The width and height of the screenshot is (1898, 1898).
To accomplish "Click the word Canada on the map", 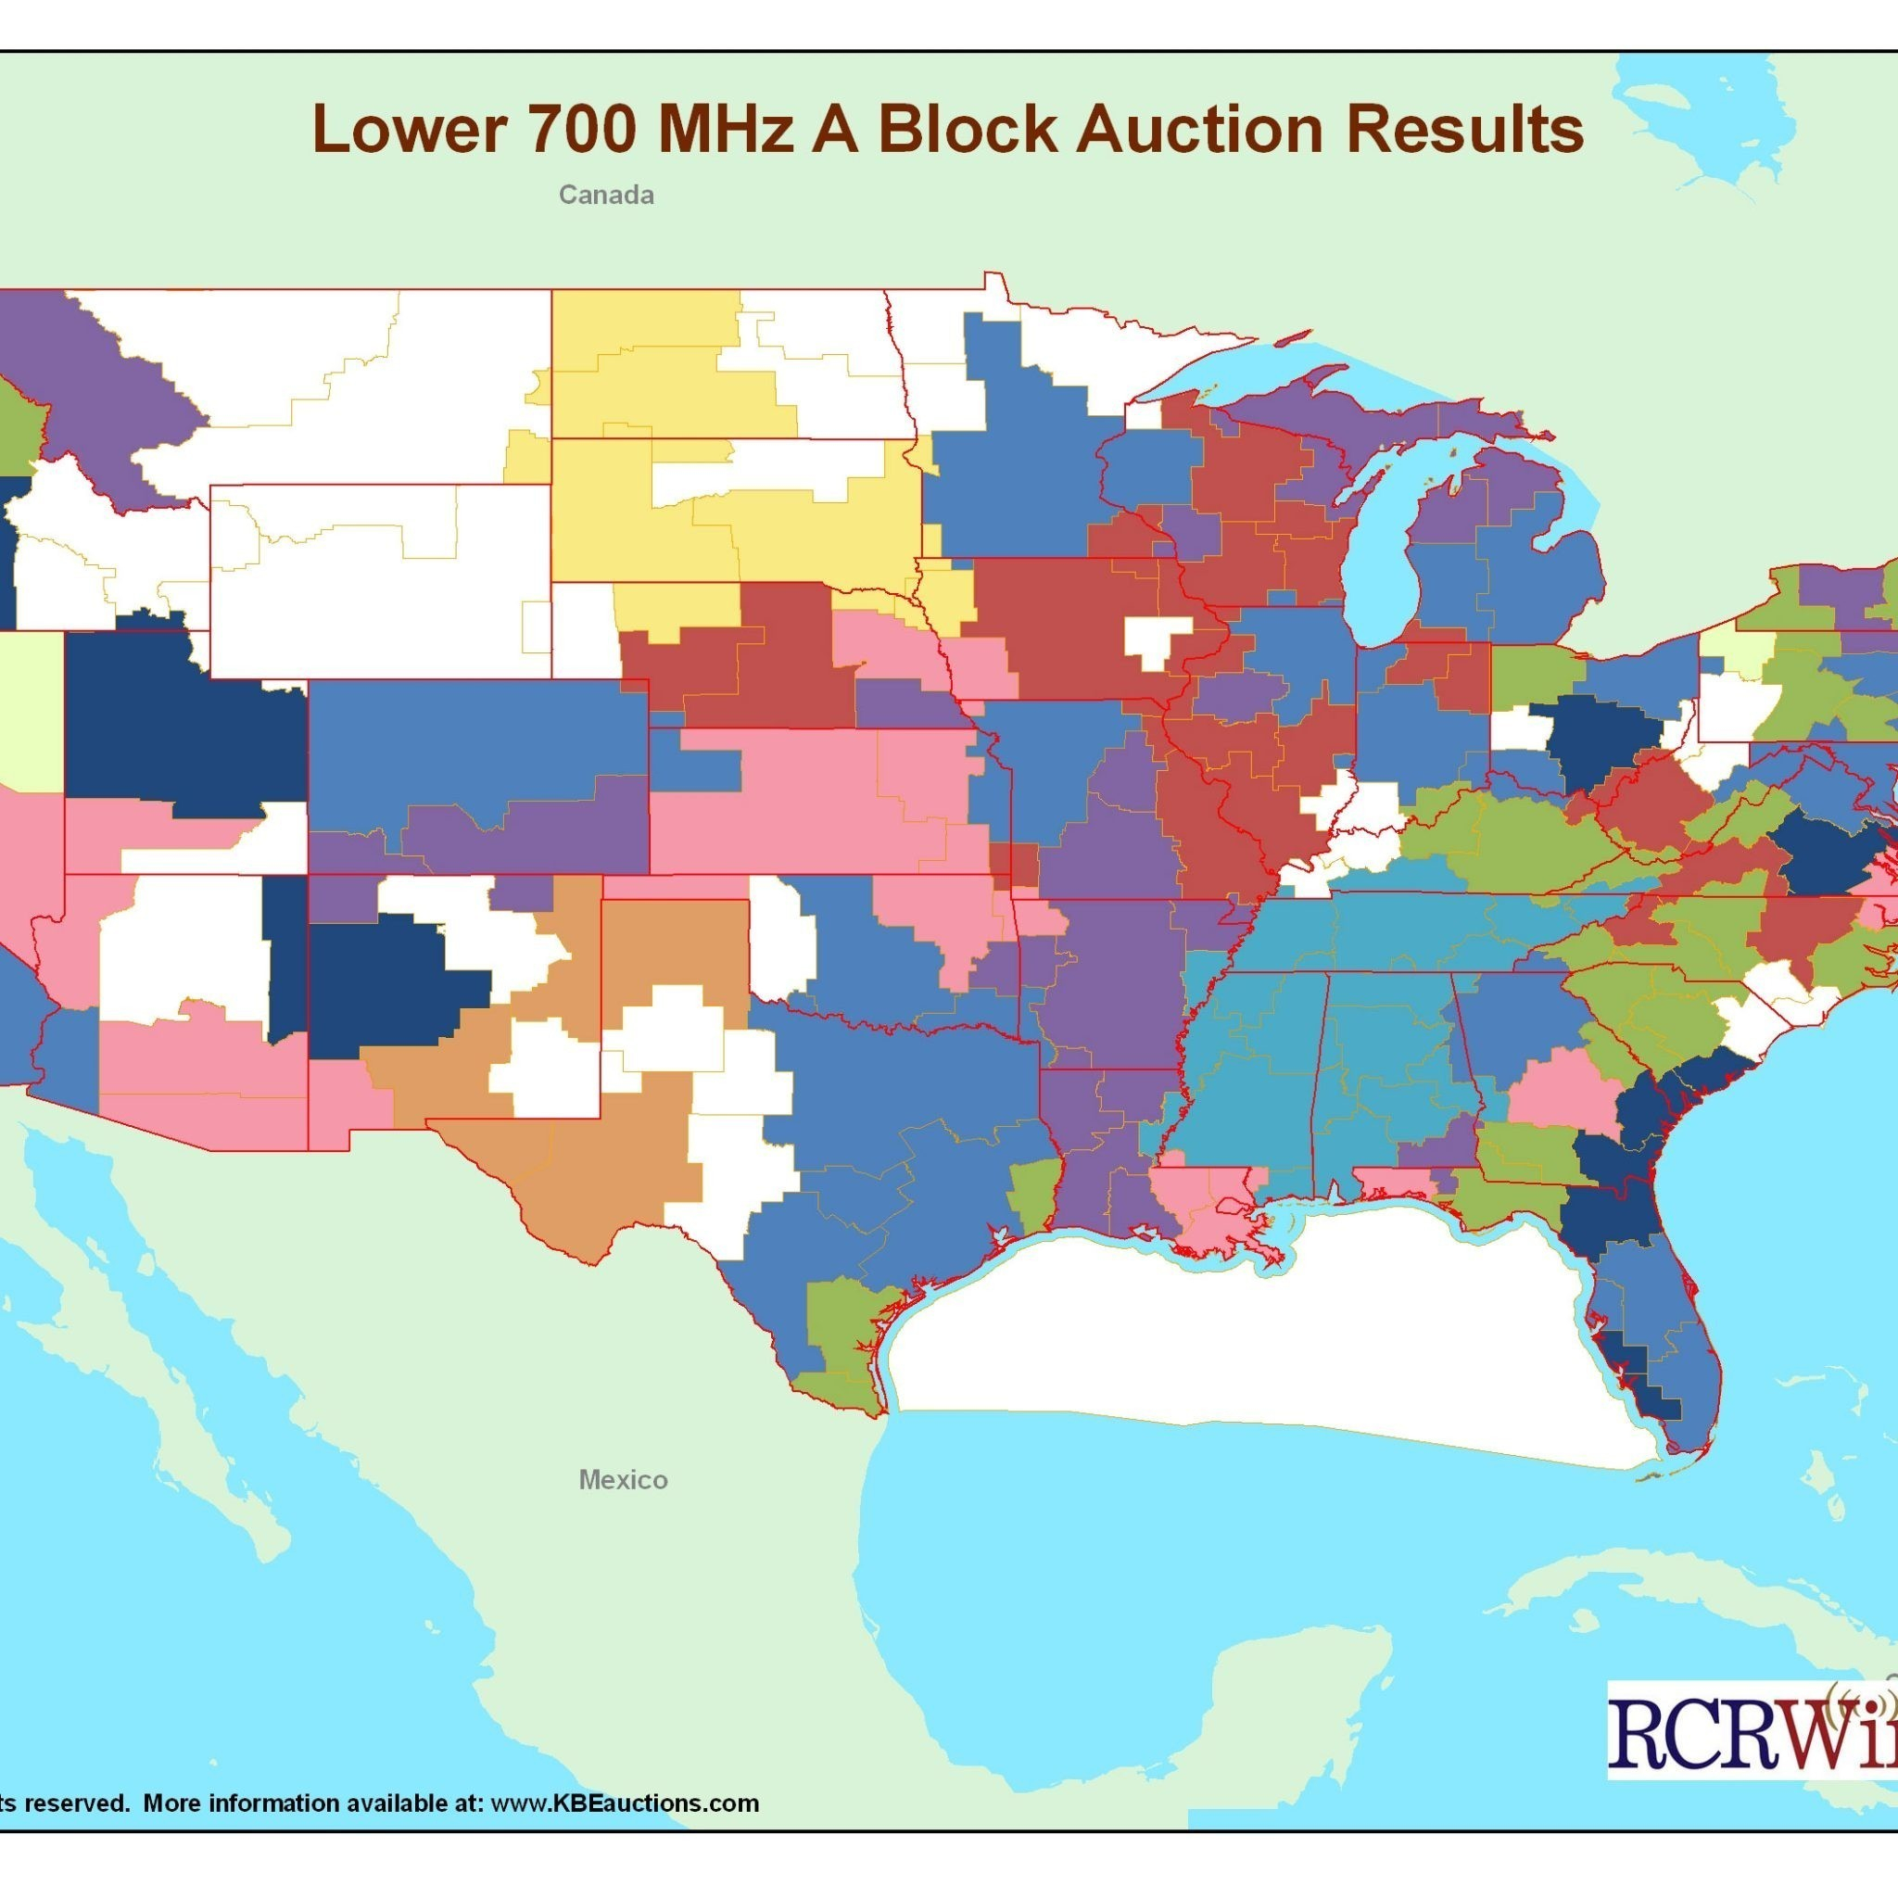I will [x=606, y=195].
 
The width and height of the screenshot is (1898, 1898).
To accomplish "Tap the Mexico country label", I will [x=623, y=1479].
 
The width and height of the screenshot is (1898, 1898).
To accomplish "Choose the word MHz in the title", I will [x=723, y=130].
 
